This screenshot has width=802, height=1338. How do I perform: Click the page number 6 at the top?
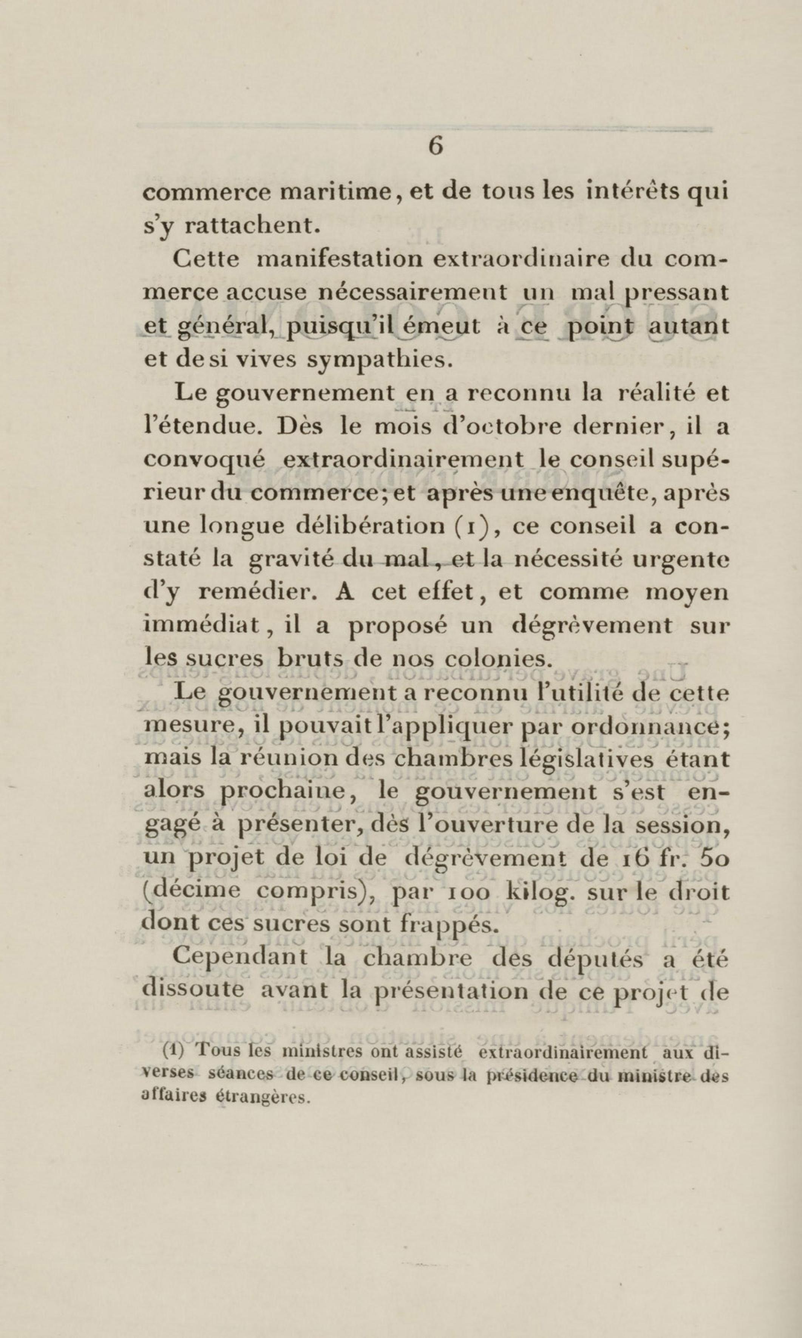coord(436,146)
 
